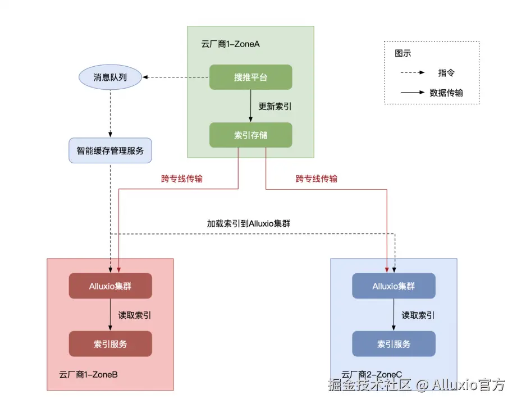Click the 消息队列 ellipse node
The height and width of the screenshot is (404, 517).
coord(110,77)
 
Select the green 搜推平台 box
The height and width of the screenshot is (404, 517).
coord(250,77)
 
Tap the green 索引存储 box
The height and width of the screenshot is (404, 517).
coord(250,135)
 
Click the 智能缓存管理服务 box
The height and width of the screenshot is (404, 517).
coord(110,150)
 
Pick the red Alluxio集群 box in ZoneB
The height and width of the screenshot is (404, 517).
coord(110,286)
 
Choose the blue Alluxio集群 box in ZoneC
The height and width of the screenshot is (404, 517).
coord(394,286)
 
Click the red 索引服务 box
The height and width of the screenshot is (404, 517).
coord(110,343)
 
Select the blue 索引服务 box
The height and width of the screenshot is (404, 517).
coord(394,343)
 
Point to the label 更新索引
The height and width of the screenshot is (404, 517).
coord(275,106)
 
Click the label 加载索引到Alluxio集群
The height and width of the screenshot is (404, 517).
coord(249,223)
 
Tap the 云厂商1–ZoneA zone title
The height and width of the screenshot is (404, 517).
coord(230,44)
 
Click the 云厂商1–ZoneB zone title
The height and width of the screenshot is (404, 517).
coord(88,374)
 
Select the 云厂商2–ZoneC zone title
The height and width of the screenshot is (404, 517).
coord(372,374)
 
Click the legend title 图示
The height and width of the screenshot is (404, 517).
coord(402,54)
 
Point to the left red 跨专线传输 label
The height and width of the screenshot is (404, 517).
coord(182,179)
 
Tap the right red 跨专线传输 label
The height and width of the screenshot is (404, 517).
coord(317,179)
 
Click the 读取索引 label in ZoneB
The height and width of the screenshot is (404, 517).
coord(135,315)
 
